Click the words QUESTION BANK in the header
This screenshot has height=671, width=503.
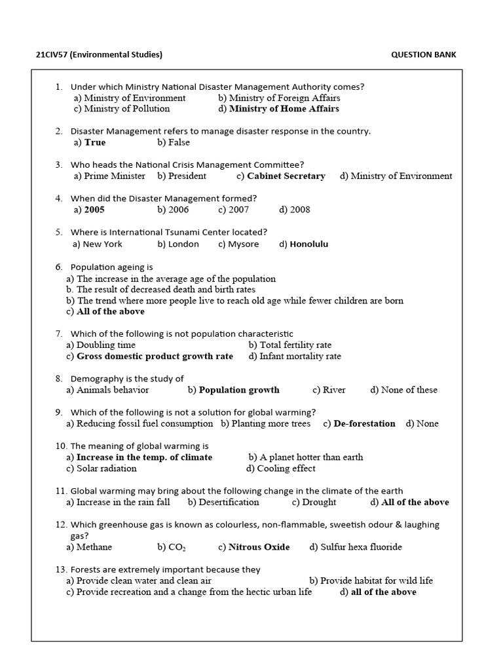(423, 54)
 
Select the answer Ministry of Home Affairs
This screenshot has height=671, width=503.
(284, 109)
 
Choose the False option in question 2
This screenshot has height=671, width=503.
(179, 142)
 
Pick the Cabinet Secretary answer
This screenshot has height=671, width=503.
(286, 176)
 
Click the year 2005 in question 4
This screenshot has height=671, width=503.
(94, 210)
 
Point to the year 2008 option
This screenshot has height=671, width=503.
(300, 210)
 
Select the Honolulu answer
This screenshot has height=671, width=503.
(308, 244)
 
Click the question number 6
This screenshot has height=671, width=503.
(59, 267)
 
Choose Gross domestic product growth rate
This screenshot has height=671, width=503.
(155, 356)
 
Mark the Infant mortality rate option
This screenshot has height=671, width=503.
(300, 356)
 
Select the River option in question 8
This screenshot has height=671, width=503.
(334, 390)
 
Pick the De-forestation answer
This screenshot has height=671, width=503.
(364, 423)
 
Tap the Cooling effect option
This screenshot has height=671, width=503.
(286, 469)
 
